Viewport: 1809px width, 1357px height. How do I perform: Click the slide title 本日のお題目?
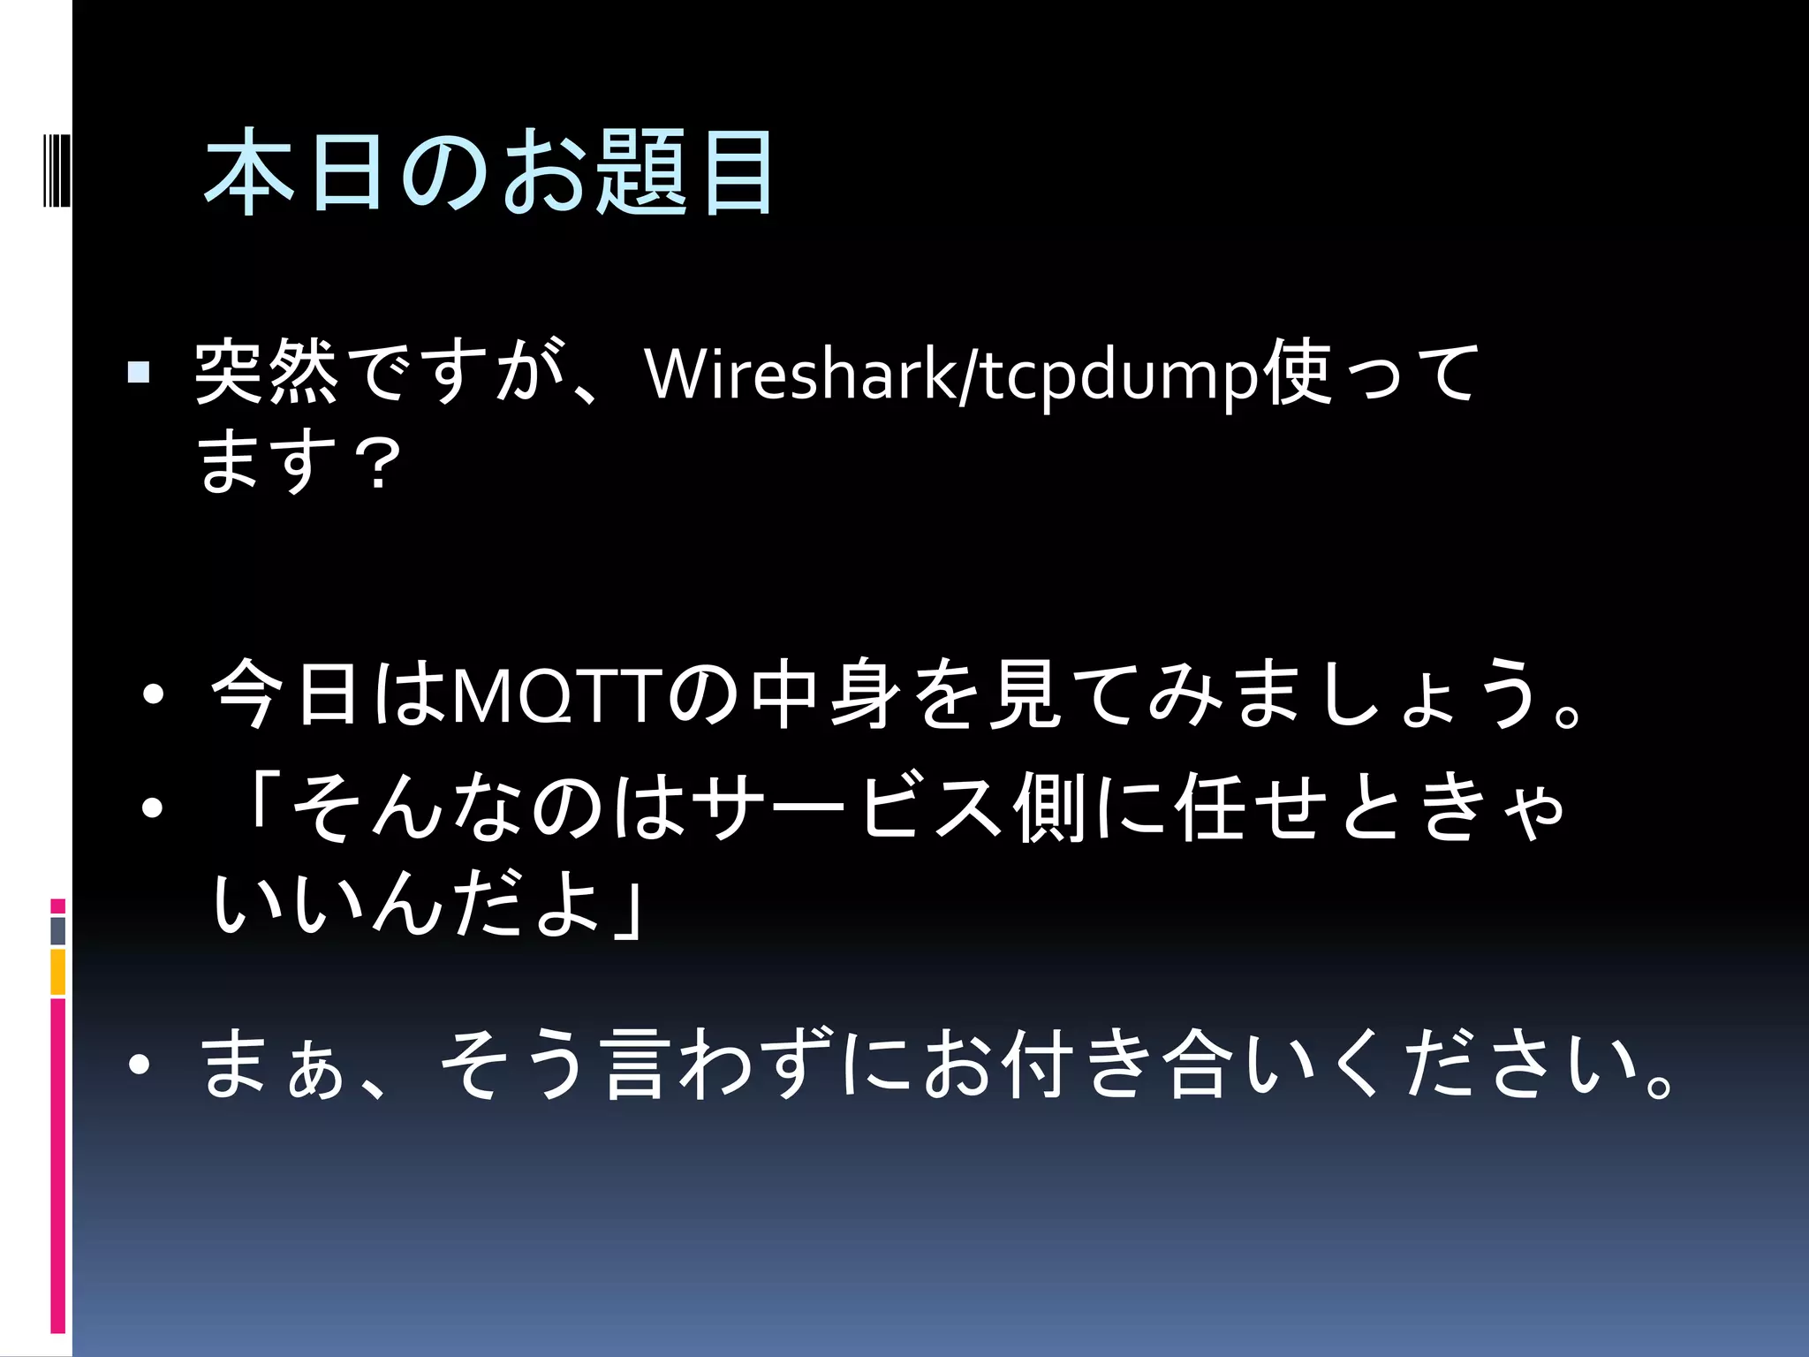(488, 171)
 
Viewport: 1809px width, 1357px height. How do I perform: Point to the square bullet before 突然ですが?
(139, 372)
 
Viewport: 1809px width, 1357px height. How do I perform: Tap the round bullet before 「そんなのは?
(153, 808)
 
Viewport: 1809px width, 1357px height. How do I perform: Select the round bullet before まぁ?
(140, 1065)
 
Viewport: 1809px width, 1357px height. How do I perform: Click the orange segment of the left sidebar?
(57, 972)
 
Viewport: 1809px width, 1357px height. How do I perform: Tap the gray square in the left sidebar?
(57, 930)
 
